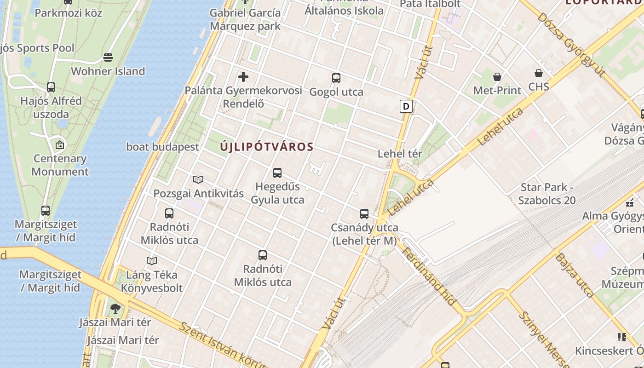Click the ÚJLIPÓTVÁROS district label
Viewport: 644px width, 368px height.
pos(267,147)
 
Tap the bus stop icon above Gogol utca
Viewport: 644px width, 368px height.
pos(336,78)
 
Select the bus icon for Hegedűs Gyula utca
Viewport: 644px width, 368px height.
pos(277,173)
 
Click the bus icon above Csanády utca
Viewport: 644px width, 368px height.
pos(364,214)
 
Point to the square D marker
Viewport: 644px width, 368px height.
pos(406,106)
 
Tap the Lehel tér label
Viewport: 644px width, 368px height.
pos(400,154)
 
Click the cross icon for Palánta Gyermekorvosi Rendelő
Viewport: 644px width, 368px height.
pos(243,77)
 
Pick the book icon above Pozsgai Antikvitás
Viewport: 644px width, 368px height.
pos(198,179)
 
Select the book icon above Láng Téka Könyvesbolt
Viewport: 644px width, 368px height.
pos(152,261)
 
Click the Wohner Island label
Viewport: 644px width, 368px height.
pos(108,71)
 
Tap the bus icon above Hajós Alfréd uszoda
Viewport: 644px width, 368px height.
pos(51,87)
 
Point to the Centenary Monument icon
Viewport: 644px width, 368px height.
pos(60,145)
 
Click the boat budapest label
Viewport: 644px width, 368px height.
pos(163,147)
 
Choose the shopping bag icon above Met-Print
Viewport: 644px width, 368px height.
pos(497,76)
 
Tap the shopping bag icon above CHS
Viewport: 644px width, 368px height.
pos(539,73)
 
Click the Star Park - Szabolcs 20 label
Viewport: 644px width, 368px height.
pos(547,194)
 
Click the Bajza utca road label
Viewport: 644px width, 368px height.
pos(575,275)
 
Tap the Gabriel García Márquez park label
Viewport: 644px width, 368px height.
pos(245,19)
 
